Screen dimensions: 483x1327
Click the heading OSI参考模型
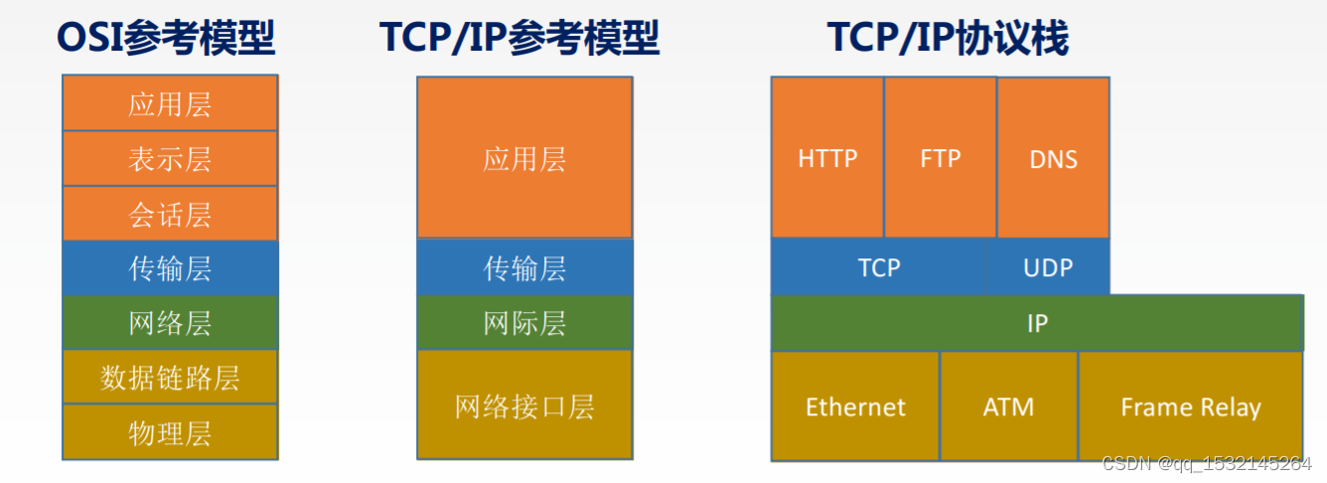166,38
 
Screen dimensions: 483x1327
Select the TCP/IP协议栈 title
948,38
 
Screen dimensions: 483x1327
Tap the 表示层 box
170,159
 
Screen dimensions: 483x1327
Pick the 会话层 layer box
170,214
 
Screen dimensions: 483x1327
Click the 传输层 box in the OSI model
170,268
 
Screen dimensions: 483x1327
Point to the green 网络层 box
170,323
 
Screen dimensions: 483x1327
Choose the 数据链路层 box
170,378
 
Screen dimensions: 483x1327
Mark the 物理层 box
170,432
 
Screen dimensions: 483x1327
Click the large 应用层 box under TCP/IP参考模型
524,158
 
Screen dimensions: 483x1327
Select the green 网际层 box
524,323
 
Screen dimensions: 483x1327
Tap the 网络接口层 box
524,404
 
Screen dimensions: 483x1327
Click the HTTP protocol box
827,158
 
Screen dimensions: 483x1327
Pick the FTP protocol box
940,158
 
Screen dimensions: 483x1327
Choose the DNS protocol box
1053,158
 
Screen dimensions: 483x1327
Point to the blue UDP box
1048,267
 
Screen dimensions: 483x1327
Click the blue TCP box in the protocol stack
879,267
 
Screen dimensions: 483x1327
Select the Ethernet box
855,406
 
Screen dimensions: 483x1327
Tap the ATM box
1008,406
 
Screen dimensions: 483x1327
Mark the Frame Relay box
1190,406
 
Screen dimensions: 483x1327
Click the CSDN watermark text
1206,464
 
